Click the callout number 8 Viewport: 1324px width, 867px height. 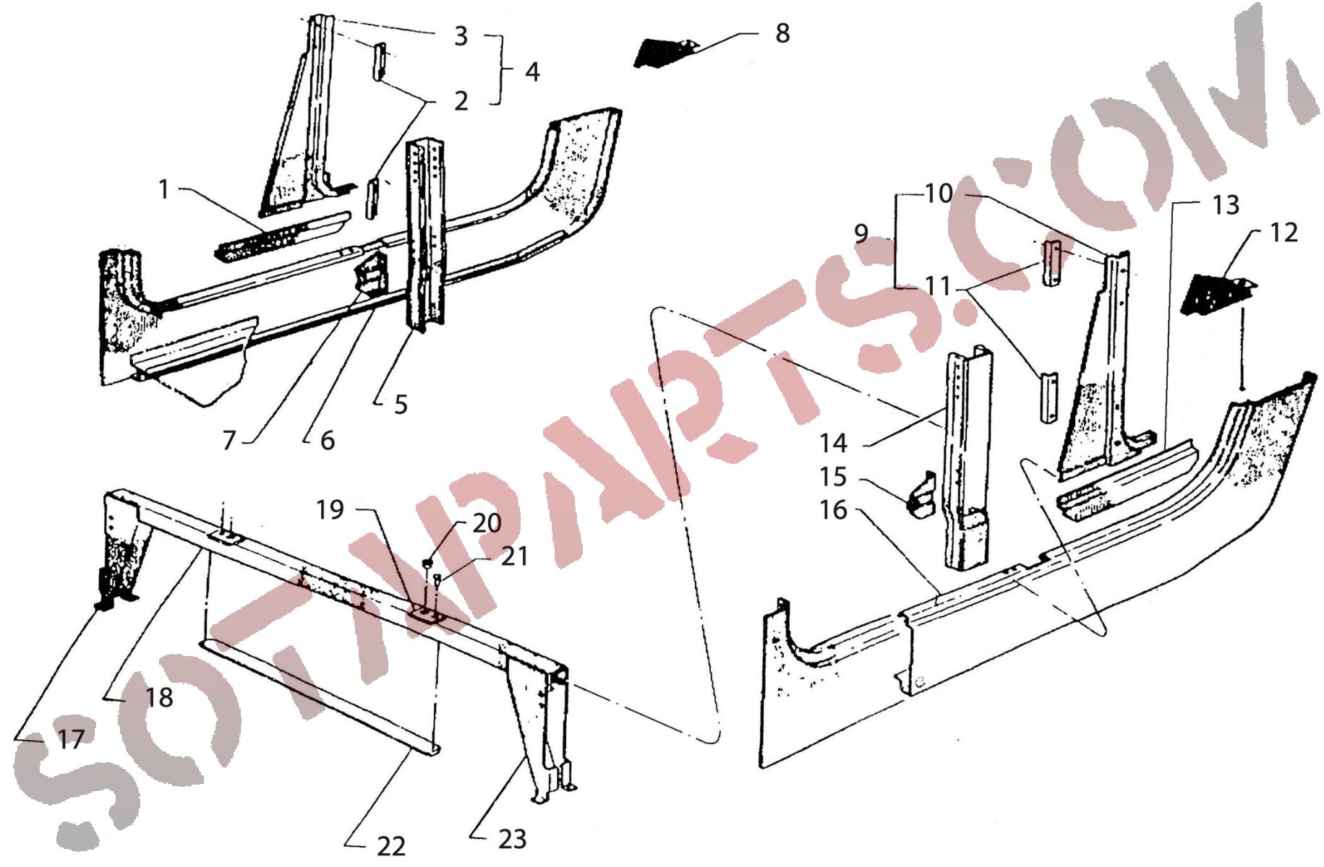point(782,33)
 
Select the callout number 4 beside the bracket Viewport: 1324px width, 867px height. point(532,72)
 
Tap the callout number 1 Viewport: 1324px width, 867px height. point(164,189)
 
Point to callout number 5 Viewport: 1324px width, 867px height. point(401,405)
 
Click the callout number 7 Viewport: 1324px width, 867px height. point(229,440)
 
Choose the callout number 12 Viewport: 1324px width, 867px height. point(1284,233)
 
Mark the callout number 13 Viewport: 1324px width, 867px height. point(1226,205)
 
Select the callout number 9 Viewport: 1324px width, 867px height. point(860,233)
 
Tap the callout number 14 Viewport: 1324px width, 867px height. point(833,442)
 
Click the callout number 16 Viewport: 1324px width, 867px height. point(833,510)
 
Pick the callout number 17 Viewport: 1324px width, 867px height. point(71,739)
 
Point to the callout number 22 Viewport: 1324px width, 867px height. point(390,845)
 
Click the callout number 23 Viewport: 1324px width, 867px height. point(512,839)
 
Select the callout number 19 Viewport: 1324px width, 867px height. point(330,509)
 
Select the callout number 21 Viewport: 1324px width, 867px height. point(515,556)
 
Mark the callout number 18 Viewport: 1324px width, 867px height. point(159,697)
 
